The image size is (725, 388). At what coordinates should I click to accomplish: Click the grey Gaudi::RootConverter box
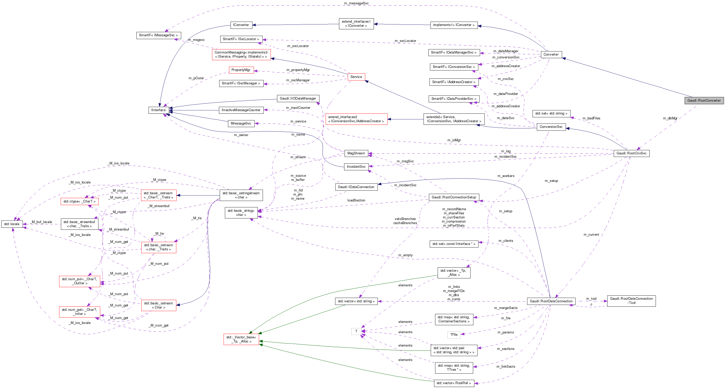point(704,101)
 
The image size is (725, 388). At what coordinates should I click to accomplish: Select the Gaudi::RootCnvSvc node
point(631,153)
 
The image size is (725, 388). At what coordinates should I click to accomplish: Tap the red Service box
point(356,77)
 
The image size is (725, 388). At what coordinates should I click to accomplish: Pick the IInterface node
point(159,110)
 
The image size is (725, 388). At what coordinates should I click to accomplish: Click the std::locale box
point(12,224)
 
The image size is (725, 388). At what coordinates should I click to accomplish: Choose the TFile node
point(454,335)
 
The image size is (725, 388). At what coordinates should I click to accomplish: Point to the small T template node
point(356,331)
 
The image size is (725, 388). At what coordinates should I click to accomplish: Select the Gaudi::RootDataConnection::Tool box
point(631,301)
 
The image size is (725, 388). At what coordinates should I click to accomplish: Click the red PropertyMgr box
point(241,70)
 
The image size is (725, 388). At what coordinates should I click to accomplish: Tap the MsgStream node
point(356,153)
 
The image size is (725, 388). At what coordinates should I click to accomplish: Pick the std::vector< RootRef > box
point(454,383)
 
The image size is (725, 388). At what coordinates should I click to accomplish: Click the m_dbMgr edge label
point(670,118)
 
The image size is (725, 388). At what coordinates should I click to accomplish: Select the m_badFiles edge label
point(591,118)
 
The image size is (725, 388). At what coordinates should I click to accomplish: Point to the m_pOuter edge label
point(196,78)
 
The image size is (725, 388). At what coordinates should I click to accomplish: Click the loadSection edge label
point(356,200)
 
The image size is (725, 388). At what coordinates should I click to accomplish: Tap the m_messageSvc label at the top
point(356,3)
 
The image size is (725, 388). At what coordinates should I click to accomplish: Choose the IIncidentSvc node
point(356,167)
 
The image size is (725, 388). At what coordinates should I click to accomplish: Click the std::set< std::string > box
point(551,113)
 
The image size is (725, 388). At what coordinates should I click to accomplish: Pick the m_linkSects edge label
point(506,367)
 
